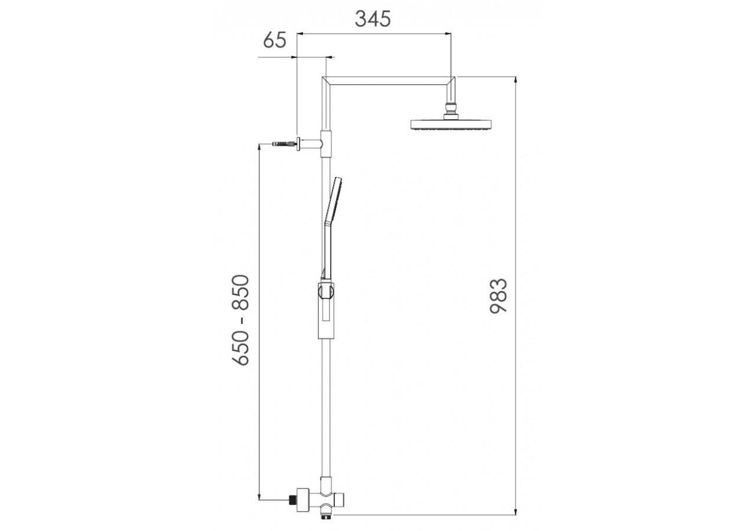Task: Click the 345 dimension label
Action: [x=373, y=19]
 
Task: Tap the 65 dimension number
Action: [x=275, y=40]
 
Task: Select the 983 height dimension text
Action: [x=498, y=296]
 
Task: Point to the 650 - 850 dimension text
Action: [x=240, y=320]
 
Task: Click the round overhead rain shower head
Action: [x=451, y=124]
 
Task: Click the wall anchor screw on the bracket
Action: [x=285, y=144]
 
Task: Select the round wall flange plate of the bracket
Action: [x=299, y=144]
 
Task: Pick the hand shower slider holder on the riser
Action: [x=326, y=310]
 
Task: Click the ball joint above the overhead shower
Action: [x=451, y=108]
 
